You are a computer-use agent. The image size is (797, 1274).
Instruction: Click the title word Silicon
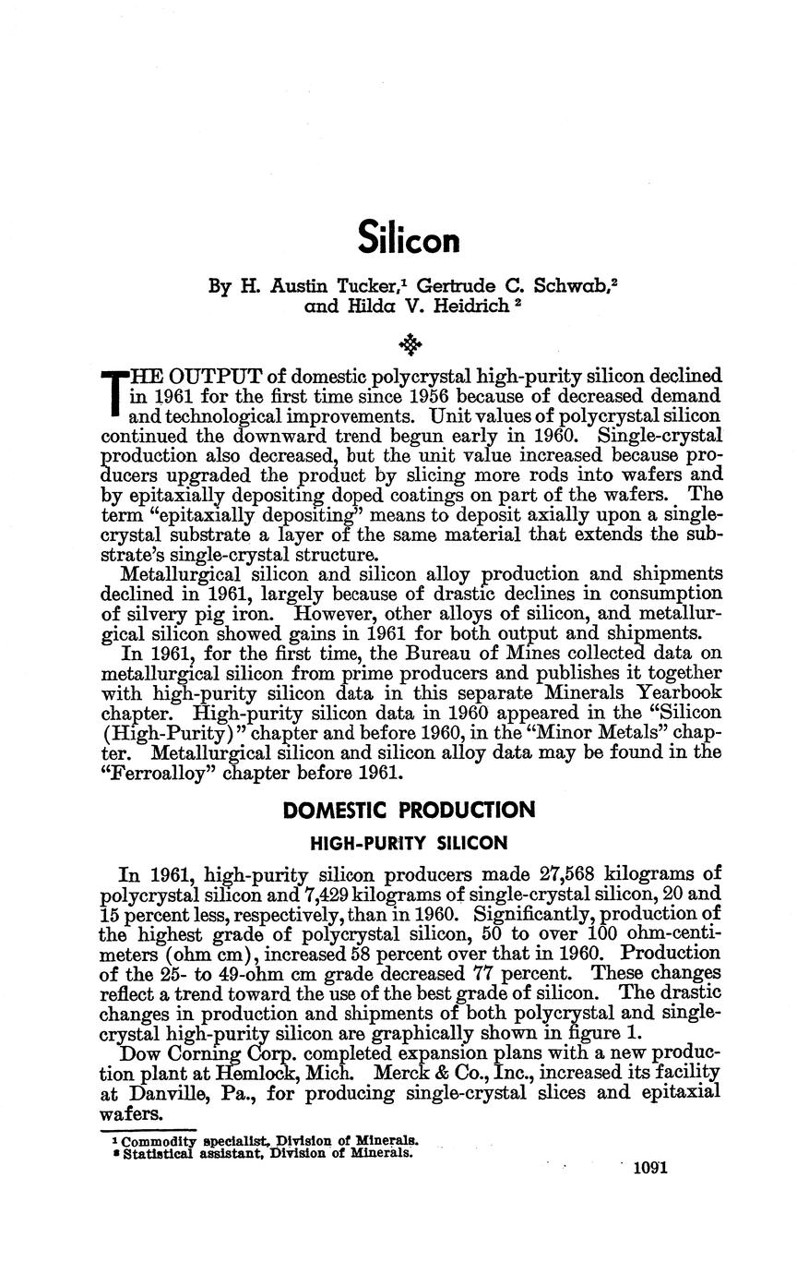pos(408,239)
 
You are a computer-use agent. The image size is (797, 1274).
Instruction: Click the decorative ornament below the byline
pos(410,345)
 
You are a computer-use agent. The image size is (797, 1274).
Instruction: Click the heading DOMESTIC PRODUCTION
pos(409,811)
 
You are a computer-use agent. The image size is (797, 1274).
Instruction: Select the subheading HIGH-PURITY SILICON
pos(409,843)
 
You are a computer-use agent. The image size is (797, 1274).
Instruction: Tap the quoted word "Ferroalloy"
pos(150,773)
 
